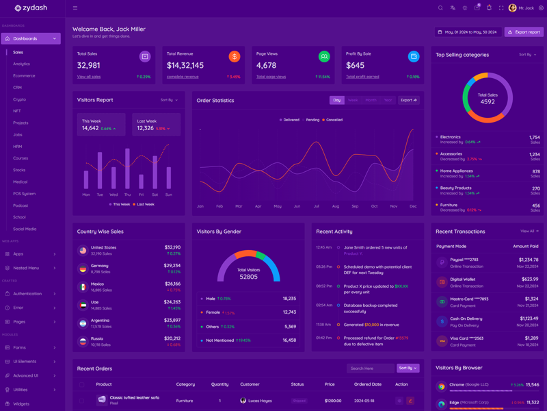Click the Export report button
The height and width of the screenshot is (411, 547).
point(524,32)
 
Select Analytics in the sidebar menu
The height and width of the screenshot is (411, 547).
point(21,64)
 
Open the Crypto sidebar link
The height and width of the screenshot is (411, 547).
point(19,99)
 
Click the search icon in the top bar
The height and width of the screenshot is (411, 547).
point(440,8)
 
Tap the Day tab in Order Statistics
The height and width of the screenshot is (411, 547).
point(336,100)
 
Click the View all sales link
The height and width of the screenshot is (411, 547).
point(89,77)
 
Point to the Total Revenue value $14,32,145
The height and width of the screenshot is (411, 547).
point(185,66)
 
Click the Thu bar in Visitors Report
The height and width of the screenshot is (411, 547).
point(127,169)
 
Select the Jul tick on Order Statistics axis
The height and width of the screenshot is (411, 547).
point(317,206)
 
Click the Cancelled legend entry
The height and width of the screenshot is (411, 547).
point(333,120)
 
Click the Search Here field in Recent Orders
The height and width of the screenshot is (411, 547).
point(370,368)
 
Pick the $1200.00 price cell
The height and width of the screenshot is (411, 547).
point(333,401)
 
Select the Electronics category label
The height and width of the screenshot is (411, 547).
point(451,137)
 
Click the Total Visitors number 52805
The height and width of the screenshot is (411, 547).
point(248,277)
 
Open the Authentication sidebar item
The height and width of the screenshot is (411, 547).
point(27,294)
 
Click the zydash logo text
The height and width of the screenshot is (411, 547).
point(36,8)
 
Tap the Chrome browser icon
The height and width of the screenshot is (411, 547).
point(442,386)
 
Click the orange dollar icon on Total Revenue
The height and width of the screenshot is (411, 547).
point(234,57)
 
